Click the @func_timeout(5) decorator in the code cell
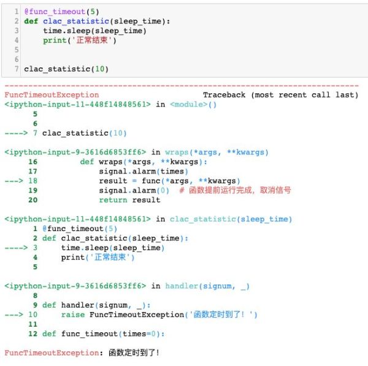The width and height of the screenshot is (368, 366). [61, 12]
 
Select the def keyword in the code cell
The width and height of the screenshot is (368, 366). [31, 21]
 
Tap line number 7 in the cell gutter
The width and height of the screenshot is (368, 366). [17, 69]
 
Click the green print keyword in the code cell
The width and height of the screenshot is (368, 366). [55, 40]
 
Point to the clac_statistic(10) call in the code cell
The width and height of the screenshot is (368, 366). [66, 69]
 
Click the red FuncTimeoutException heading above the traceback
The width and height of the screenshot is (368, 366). [52, 95]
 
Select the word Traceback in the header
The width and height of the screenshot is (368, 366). [224, 95]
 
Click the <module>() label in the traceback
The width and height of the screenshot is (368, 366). [193, 104]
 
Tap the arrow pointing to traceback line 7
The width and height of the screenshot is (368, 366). [16, 133]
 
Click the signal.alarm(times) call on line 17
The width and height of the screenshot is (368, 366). [144, 171]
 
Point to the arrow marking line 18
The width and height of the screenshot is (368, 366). [14, 181]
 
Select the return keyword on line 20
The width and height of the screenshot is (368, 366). [113, 200]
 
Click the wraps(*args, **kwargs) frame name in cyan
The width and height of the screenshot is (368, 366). [217, 152]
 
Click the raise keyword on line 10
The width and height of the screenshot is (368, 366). [73, 315]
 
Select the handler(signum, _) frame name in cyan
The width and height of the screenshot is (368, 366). [207, 286]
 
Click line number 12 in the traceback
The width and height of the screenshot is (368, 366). [33, 334]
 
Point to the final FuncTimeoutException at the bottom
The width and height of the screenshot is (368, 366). [52, 353]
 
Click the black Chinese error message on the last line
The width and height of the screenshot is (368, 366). [134, 353]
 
